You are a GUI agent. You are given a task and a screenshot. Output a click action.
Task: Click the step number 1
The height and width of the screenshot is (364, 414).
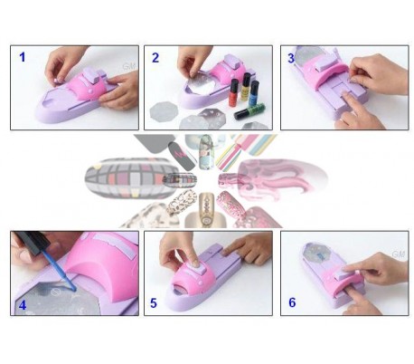click(x=23, y=57)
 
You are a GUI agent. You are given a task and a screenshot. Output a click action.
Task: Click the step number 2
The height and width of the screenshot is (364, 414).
click(x=155, y=58)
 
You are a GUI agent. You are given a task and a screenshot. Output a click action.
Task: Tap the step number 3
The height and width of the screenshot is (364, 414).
click(x=291, y=58)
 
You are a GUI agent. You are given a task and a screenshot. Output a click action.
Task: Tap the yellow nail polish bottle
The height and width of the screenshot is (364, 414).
click(x=244, y=86)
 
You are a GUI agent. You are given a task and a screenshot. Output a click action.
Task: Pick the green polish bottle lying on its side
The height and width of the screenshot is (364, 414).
click(x=250, y=113)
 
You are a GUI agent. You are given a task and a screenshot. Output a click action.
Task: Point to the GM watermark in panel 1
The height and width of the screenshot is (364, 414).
click(x=128, y=66)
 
